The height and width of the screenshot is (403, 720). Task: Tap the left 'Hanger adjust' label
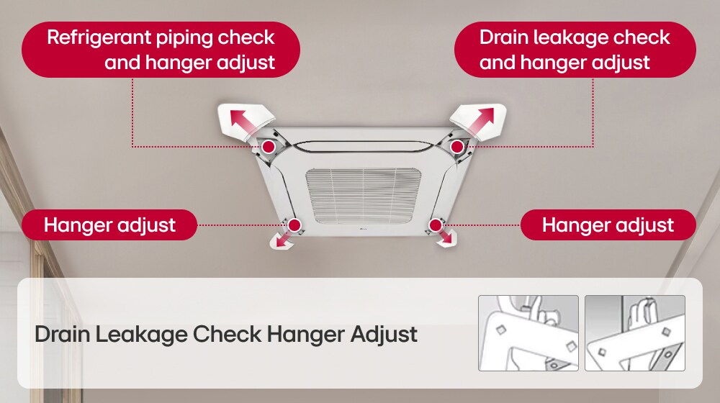pos(109,225)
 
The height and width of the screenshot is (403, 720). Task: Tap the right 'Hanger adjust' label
pos(608,225)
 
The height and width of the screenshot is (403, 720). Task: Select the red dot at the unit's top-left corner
pos(268,147)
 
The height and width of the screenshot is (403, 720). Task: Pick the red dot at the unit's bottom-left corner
pos(294,225)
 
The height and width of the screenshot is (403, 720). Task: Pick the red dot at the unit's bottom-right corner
pos(435,225)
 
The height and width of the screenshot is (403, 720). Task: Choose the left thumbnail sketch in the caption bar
pos(528,332)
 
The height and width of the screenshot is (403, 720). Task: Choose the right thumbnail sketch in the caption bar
pos(634,332)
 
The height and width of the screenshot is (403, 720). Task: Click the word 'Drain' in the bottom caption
pos(62,335)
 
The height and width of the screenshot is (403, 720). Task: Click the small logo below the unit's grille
pos(361,230)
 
